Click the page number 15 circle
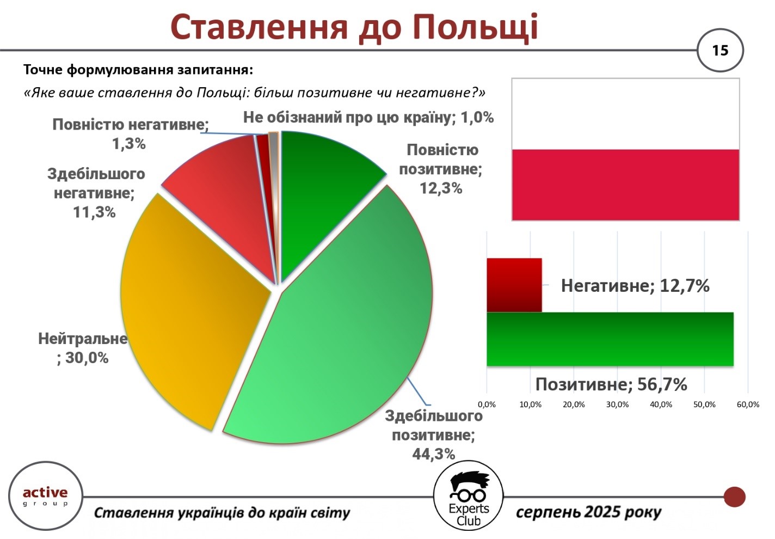tap(720, 51)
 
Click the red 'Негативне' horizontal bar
tap(514, 285)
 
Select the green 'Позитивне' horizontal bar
tap(610, 339)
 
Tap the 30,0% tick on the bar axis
tap(617, 405)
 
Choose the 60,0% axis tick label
tap(748, 405)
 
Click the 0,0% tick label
tap(487, 405)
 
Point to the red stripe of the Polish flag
tap(625, 185)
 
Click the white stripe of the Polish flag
tap(625, 114)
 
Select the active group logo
tap(46, 496)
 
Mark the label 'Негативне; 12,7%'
tap(635, 286)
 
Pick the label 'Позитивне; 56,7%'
tap(611, 384)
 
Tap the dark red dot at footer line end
tap(734, 497)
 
